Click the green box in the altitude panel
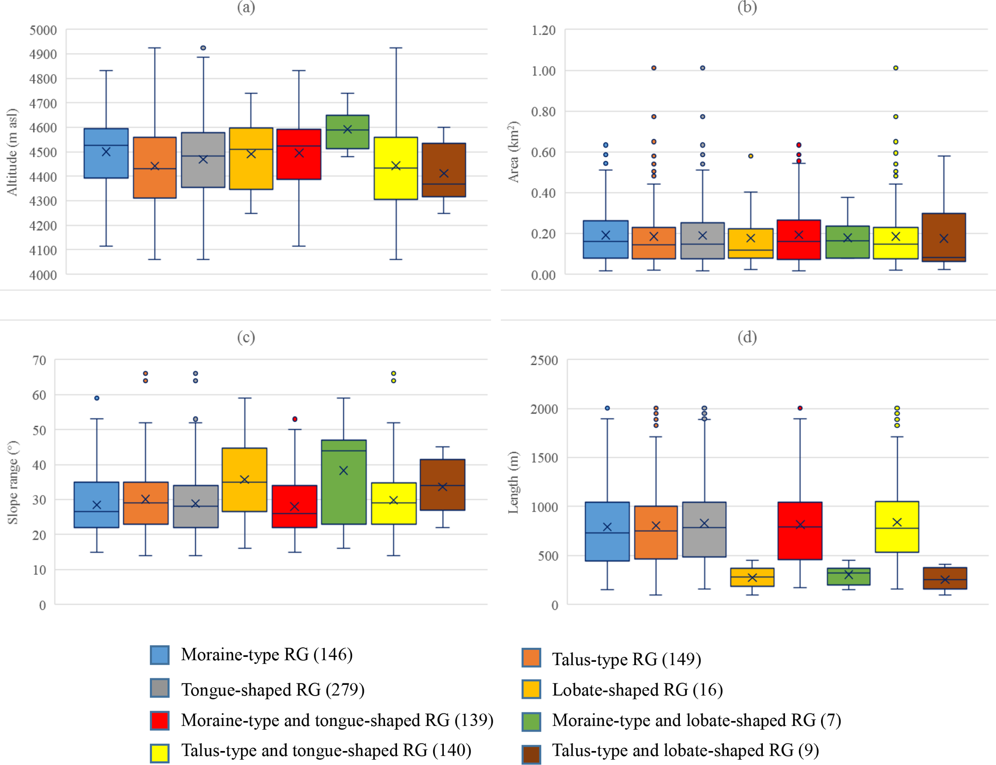pyautogui.click(x=347, y=132)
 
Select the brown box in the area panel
pyautogui.click(x=943, y=237)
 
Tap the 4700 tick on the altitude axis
pyautogui.click(x=43, y=103)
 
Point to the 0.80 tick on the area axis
pyautogui.click(x=543, y=111)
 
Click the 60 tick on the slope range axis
pyautogui.click(x=39, y=395)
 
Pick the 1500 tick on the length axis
pyautogui.click(x=544, y=458)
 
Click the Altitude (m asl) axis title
pyautogui.click(x=12, y=152)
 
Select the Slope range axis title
pyautogui.click(x=13, y=482)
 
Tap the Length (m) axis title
pyautogui.click(x=513, y=482)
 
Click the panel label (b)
pyautogui.click(x=747, y=7)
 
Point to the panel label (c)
pyautogui.click(x=246, y=337)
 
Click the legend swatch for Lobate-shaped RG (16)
pyautogui.click(x=531, y=689)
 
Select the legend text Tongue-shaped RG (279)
pyautogui.click(x=273, y=690)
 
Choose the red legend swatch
pyautogui.click(x=159, y=720)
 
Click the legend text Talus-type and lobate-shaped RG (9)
pyautogui.click(x=685, y=751)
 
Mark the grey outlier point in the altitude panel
pyautogui.click(x=203, y=48)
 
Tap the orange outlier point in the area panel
pyautogui.click(x=654, y=68)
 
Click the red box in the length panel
pyautogui.click(x=800, y=531)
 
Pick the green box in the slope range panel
pyautogui.click(x=344, y=482)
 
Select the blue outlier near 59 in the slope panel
pyautogui.click(x=97, y=398)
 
